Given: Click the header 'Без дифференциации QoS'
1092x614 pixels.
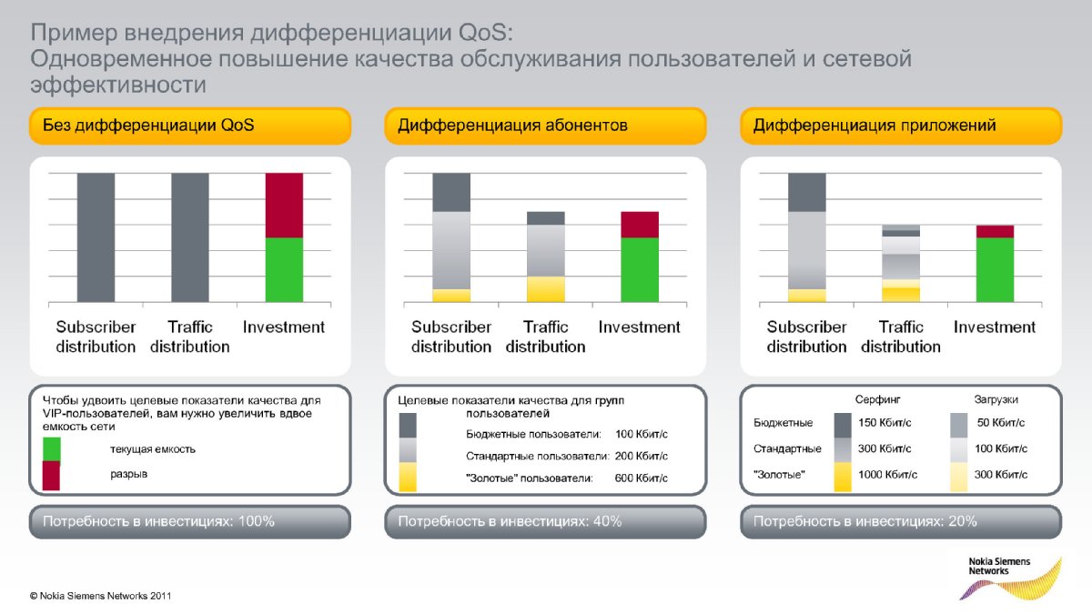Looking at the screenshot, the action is point(190,126).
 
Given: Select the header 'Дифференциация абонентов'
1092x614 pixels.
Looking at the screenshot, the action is point(545,126).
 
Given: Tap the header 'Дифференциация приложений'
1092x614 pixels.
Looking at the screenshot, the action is point(901,126).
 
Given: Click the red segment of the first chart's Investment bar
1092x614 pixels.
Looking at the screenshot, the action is point(284,206).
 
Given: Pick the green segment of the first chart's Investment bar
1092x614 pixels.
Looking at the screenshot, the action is point(284,270).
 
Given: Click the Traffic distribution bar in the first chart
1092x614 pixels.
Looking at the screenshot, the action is point(190,237).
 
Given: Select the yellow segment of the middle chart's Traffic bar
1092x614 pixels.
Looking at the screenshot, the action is point(545,289).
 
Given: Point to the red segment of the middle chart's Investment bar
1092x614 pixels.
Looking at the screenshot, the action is point(640,225).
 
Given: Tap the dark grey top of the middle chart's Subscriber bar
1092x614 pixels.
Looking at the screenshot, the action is point(451,193).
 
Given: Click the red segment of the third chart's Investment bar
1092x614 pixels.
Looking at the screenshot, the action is point(995,231).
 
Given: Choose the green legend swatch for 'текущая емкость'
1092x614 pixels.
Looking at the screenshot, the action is point(52,449).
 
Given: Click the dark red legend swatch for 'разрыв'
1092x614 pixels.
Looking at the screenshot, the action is point(52,476).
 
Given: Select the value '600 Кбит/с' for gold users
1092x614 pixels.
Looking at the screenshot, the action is point(641,478).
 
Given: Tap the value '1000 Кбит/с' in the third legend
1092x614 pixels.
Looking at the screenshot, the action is point(887,474).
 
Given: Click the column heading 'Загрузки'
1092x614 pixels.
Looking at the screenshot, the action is point(996,399).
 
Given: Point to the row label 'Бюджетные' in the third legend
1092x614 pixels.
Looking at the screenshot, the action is point(783,422).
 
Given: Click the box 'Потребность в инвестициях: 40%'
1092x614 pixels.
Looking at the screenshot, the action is point(545,522).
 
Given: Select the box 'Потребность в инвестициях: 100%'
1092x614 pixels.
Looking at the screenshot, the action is point(190,522).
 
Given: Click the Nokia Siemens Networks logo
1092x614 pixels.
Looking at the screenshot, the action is point(1009,578).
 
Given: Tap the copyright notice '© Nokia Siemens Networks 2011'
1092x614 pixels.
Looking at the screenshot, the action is point(100,596).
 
